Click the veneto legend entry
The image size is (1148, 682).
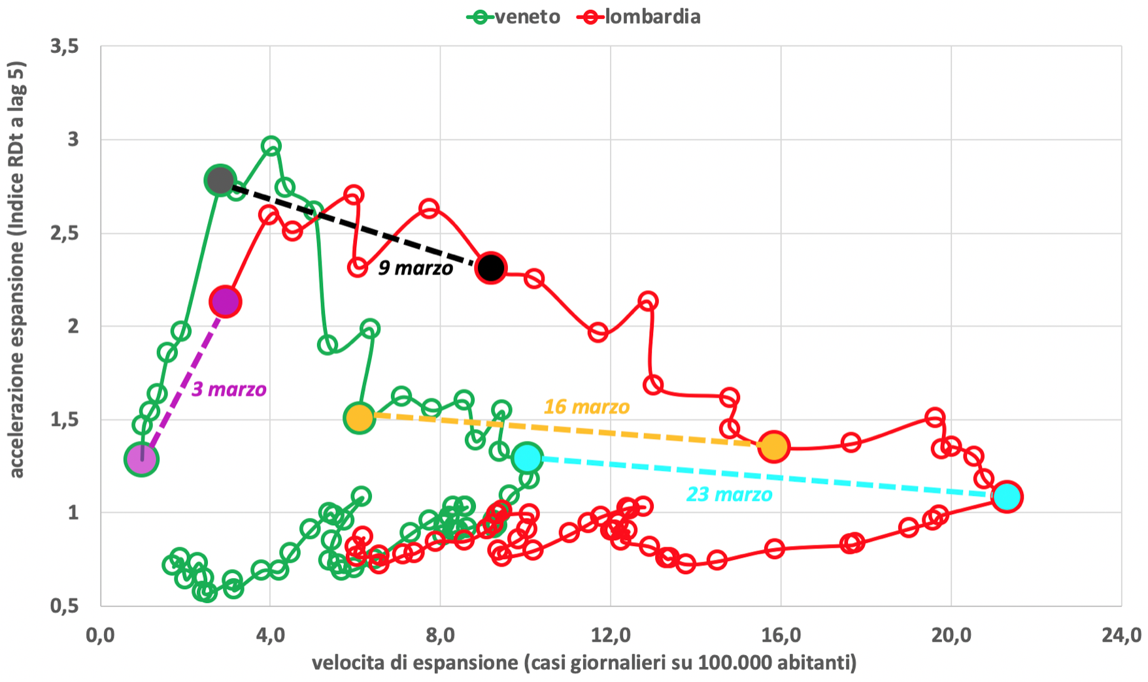(x=514, y=16)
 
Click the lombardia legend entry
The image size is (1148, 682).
(x=639, y=16)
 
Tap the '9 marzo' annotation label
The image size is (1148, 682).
(x=415, y=268)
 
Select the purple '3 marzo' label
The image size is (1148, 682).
(x=229, y=389)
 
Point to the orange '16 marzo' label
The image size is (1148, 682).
(x=586, y=407)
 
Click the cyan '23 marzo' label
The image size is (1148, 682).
(x=729, y=495)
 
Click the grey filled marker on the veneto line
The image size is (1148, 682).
(x=220, y=180)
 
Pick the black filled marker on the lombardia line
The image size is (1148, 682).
(x=490, y=267)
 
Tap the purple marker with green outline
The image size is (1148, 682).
(x=141, y=459)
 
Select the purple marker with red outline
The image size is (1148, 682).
(x=225, y=302)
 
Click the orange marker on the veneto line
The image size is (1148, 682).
(x=359, y=418)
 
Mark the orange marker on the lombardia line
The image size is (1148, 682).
(x=774, y=447)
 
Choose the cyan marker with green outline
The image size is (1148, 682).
(x=527, y=458)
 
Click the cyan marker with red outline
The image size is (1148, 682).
(x=1007, y=496)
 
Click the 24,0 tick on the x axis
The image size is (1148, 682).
(x=1121, y=635)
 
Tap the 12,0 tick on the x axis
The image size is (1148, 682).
(x=611, y=635)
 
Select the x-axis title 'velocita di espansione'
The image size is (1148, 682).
(x=584, y=663)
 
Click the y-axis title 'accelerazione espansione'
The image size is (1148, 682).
(x=17, y=269)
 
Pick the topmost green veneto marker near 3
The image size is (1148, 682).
(x=271, y=146)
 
